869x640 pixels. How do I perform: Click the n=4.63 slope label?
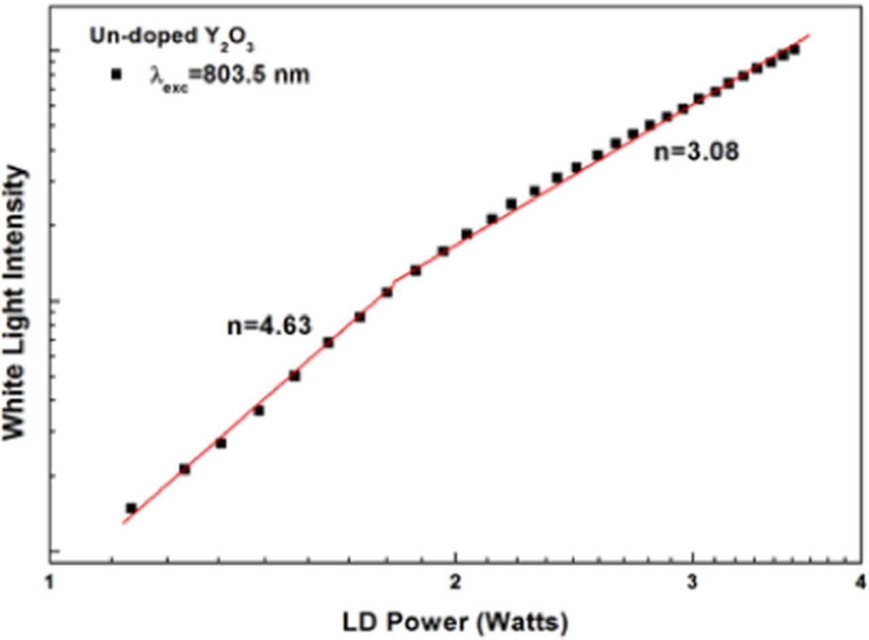269,325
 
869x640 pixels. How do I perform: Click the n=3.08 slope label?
696,152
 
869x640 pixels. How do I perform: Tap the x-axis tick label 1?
48,582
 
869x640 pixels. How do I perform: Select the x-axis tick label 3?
692,582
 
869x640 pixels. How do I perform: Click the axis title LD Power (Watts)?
456,621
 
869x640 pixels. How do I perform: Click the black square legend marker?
116,75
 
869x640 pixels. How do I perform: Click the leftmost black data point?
131,508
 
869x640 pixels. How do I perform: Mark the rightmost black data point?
794,49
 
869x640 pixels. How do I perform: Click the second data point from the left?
184,469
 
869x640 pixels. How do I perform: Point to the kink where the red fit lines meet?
395,280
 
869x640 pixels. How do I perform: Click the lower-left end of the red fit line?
123,523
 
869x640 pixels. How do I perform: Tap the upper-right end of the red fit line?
810,34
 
